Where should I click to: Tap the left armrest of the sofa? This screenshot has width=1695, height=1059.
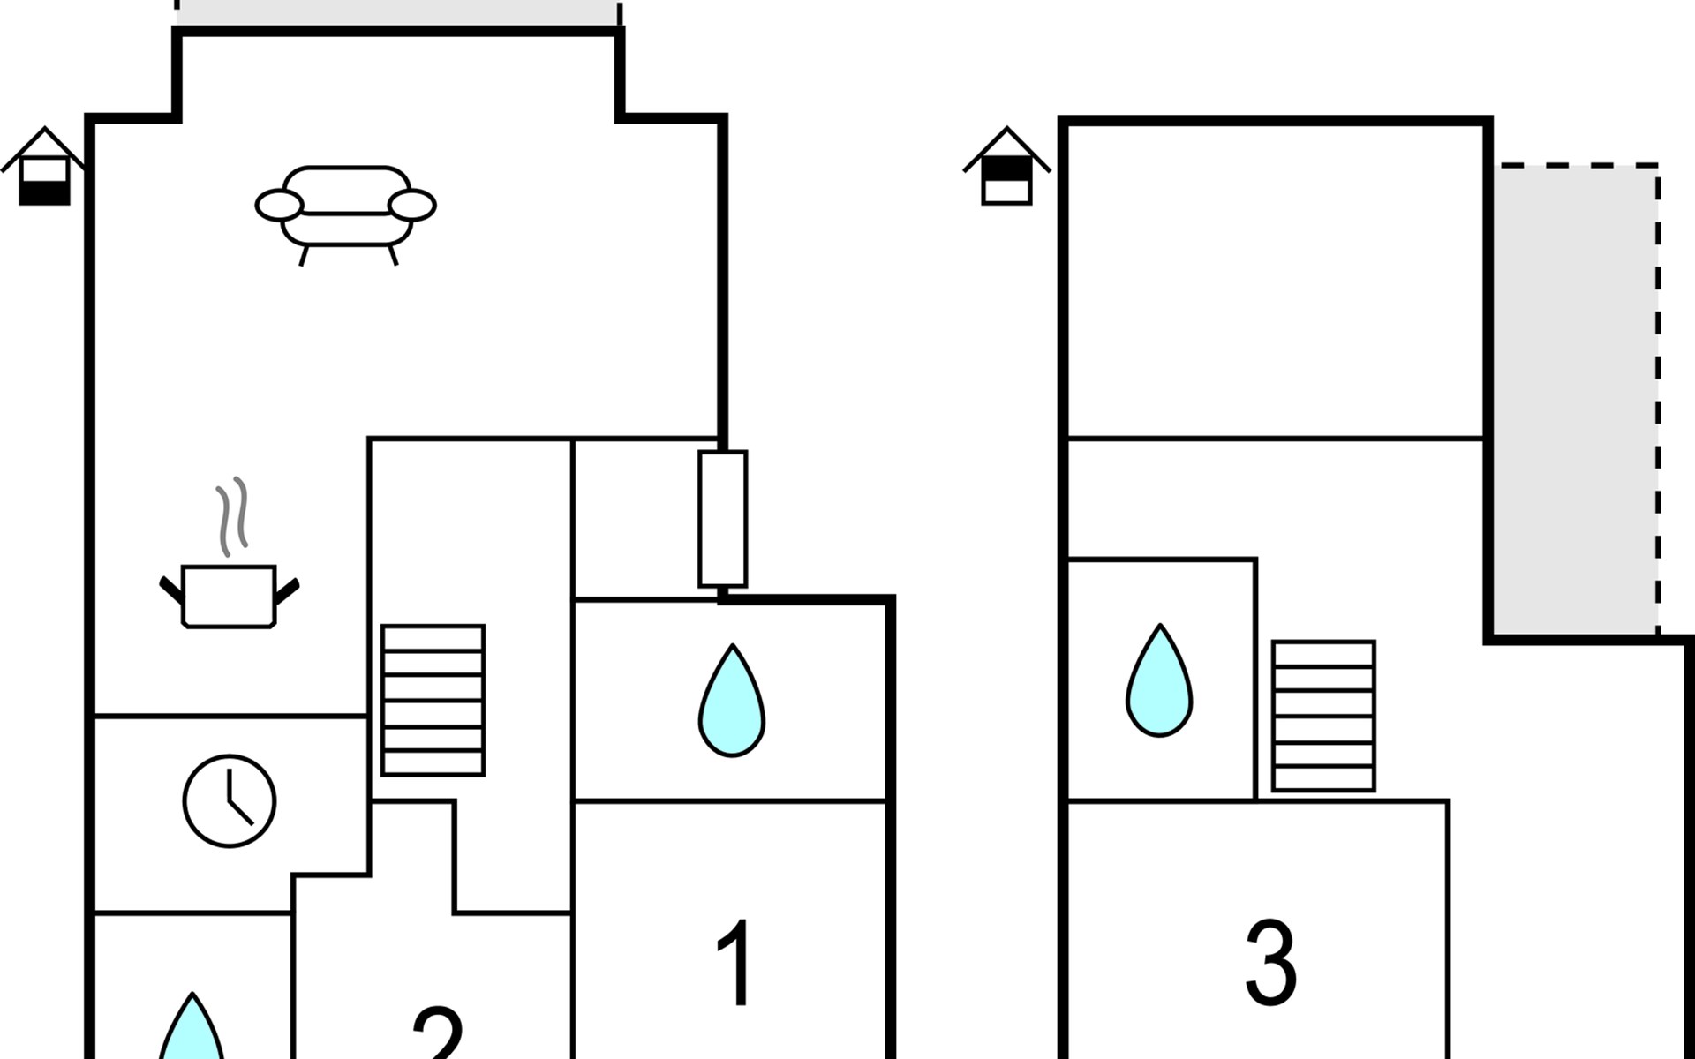(280, 205)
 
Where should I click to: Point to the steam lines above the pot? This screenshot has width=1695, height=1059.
(232, 517)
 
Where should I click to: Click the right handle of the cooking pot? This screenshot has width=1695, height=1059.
(287, 590)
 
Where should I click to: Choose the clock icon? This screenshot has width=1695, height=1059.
(230, 801)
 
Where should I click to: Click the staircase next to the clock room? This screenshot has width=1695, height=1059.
(433, 700)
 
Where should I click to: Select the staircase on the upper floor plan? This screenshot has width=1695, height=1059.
(1323, 716)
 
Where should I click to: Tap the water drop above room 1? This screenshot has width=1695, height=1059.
(732, 701)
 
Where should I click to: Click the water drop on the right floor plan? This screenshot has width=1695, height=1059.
(1159, 680)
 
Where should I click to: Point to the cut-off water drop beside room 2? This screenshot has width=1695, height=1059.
(192, 1027)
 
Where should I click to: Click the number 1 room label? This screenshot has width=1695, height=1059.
(734, 962)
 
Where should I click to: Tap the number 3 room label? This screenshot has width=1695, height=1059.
(1270, 962)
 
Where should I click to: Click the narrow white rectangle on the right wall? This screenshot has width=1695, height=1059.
(723, 519)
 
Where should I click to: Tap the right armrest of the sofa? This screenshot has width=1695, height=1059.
(412, 205)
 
